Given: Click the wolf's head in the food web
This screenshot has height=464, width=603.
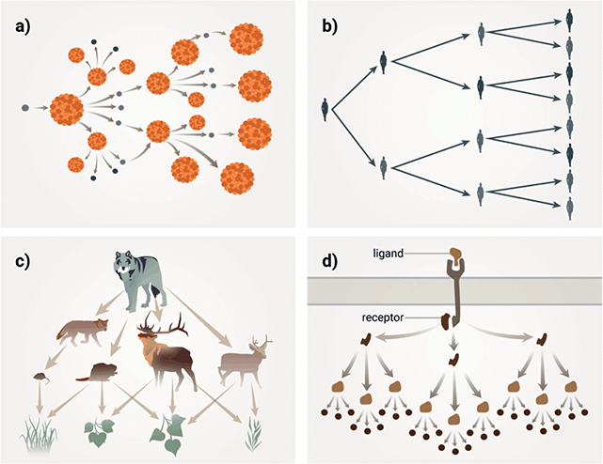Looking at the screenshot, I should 128,264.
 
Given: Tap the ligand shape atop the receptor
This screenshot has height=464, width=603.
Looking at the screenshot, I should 457,255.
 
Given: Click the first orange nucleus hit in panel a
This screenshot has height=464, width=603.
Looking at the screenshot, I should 66,108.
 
